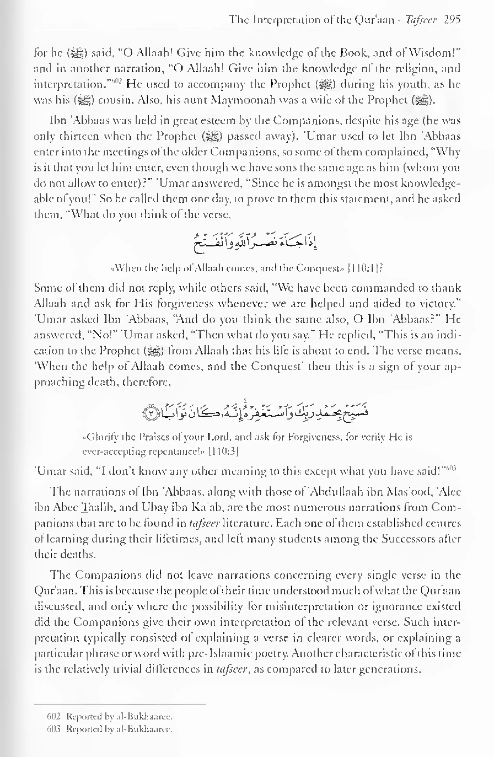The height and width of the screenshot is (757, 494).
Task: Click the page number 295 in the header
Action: [x=452, y=20]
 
